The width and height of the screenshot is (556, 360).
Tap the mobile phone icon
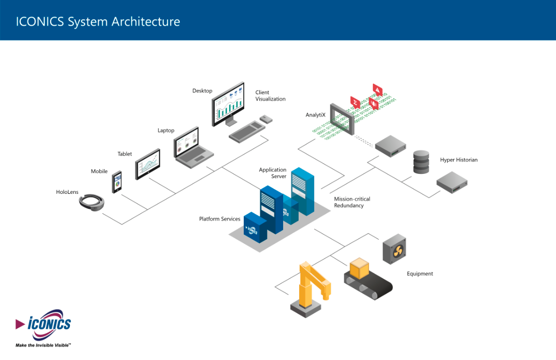(x=117, y=182)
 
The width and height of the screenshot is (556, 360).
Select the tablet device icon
(x=148, y=164)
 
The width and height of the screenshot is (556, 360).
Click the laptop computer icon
(x=193, y=147)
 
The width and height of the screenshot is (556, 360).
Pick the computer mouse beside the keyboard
(x=266, y=119)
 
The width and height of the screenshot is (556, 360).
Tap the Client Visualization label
(x=270, y=96)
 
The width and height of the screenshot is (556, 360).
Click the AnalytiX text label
(x=315, y=115)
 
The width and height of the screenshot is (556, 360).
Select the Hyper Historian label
(x=458, y=160)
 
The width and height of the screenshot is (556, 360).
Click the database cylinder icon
(x=421, y=162)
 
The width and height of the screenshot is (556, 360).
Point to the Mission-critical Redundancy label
(x=352, y=202)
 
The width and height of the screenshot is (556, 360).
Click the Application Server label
(x=273, y=173)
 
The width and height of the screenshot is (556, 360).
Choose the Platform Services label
(x=219, y=219)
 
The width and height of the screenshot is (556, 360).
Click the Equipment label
(x=420, y=274)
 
